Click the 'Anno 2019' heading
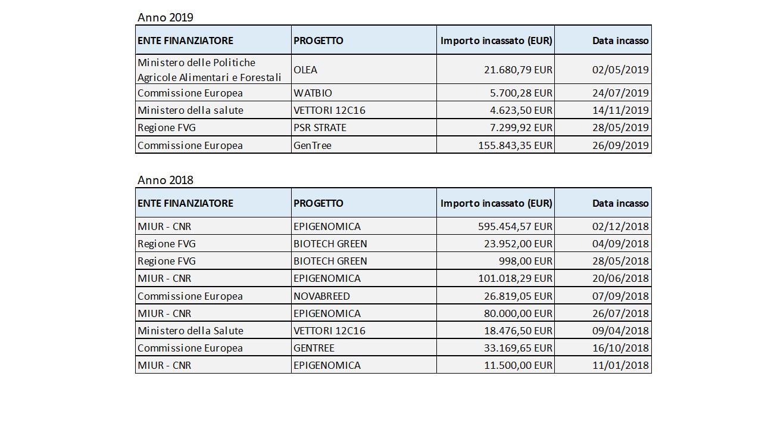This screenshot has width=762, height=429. (x=165, y=17)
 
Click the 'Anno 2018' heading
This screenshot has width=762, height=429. (x=165, y=180)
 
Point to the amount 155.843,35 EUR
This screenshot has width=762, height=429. (x=515, y=145)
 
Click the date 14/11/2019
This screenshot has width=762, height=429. (x=620, y=110)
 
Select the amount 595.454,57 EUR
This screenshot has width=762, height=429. (x=515, y=226)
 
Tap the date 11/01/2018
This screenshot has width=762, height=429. (x=620, y=365)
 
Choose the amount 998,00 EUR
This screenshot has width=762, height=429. (x=525, y=261)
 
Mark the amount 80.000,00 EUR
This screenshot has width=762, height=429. (x=518, y=313)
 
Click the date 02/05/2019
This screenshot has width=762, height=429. (x=620, y=70)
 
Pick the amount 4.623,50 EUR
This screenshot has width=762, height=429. (x=521, y=110)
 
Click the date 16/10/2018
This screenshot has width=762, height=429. (x=620, y=348)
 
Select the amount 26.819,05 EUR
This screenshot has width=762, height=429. (x=518, y=296)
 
